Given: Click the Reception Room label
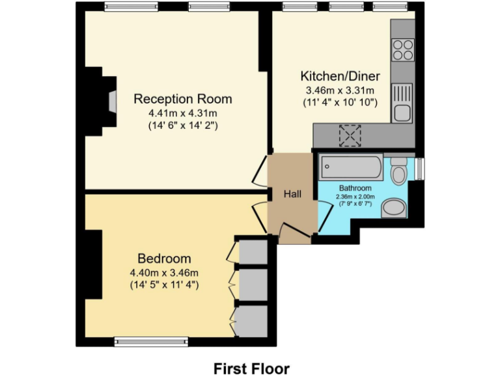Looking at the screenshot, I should (182, 99).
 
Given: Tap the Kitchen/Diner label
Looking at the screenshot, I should (340, 76).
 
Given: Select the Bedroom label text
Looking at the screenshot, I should (164, 258).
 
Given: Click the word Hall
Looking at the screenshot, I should (292, 194).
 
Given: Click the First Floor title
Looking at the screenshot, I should (251, 368).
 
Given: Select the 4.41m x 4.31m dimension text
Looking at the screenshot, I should (182, 113).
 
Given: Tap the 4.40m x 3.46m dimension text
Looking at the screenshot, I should (164, 272).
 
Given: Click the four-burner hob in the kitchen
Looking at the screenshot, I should (403, 49).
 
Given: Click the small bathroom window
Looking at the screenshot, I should (419, 168).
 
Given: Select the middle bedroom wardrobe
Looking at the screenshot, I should (253, 283).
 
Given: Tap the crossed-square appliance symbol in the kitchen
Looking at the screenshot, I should (350, 135).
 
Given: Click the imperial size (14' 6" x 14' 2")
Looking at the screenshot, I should (182, 126).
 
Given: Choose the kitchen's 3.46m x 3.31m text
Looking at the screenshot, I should (340, 90).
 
